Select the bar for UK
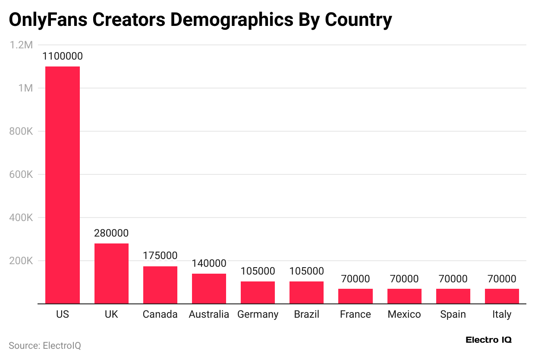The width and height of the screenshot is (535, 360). [111, 273]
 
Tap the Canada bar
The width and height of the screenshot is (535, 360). [160, 285]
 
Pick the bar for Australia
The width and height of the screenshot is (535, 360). [209, 288]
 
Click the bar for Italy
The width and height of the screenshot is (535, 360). [502, 296]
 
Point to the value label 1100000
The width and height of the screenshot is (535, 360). [63, 57]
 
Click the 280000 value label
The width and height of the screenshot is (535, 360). [111, 234]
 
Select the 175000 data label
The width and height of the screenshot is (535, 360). [160, 256]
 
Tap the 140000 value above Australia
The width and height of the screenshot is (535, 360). [209, 264]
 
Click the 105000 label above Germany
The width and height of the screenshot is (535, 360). [258, 272]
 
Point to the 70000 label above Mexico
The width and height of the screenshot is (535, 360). [404, 279]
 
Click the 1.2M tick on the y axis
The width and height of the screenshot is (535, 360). [22, 45]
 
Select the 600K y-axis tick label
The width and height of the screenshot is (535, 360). [21, 174]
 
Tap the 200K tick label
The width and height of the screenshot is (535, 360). [21, 261]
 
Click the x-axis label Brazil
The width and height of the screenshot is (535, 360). [306, 314]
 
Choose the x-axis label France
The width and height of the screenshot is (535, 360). [355, 314]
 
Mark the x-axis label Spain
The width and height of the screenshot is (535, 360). [453, 315]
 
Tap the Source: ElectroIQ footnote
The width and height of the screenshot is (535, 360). [45, 346]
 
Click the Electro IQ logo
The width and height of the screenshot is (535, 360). [488, 340]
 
